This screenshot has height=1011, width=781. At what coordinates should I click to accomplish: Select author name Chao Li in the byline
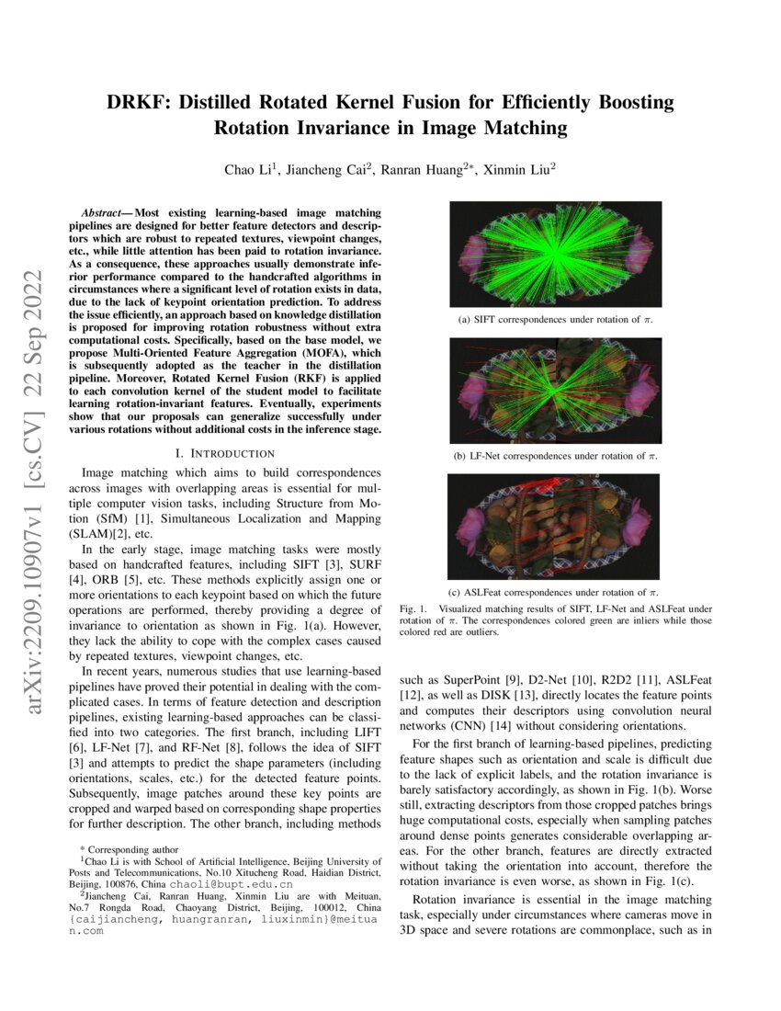point(248,169)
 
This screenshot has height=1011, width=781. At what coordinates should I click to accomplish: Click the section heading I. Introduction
point(224,453)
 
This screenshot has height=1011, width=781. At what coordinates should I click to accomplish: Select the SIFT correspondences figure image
point(554,255)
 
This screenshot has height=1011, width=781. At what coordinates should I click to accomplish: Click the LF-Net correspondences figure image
point(554,390)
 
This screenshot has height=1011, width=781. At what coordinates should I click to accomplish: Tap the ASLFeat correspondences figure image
point(554,525)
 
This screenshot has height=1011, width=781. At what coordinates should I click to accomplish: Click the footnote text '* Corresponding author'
point(129,849)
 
